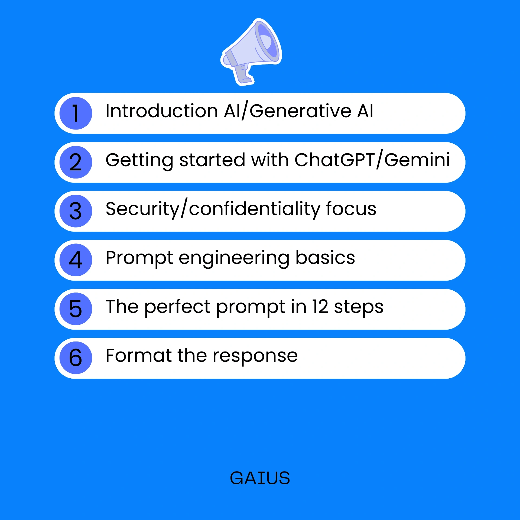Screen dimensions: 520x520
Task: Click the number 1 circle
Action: [x=76, y=113]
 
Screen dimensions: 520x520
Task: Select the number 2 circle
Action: [x=76, y=162]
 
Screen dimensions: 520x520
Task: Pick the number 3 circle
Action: [x=76, y=211]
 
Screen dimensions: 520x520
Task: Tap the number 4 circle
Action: [x=76, y=260]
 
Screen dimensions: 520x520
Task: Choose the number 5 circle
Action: [x=76, y=309]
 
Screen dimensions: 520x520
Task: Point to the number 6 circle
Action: [x=76, y=358]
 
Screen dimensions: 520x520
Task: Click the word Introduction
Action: [x=162, y=111]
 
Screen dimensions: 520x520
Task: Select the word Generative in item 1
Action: [x=300, y=111]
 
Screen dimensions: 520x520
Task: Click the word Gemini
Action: [x=417, y=160]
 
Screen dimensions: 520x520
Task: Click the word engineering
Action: [x=234, y=258]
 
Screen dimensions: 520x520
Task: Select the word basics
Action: [x=325, y=258]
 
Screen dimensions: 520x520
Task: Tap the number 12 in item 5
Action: [x=320, y=307]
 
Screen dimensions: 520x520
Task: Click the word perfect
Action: [x=177, y=307]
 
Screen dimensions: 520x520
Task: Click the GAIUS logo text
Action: [x=260, y=478]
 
